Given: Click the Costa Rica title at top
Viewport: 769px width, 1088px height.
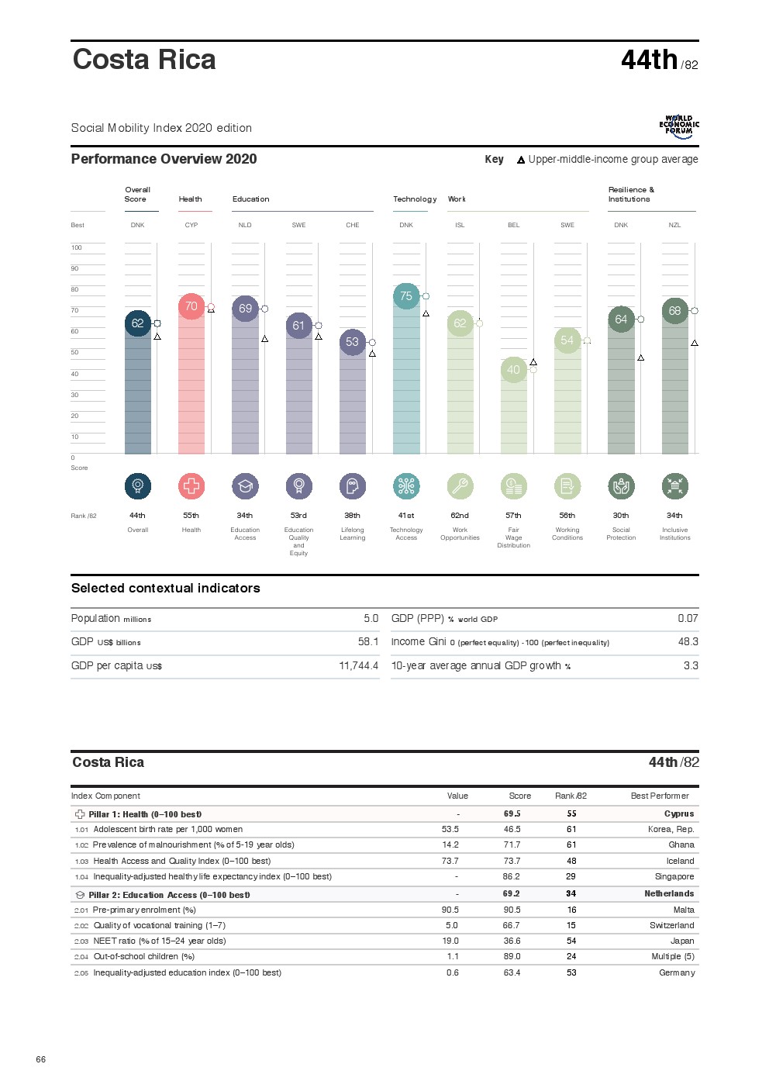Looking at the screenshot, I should click(x=144, y=60).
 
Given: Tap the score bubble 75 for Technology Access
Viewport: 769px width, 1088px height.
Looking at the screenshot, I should click(x=406, y=296).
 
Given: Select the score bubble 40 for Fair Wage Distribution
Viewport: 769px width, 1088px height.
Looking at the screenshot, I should click(x=513, y=370).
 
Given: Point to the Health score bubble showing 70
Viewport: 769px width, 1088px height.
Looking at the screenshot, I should click(x=191, y=306).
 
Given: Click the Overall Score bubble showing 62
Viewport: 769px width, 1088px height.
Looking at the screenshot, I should click(x=137, y=323).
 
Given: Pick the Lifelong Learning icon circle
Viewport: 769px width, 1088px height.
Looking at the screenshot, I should click(x=353, y=486).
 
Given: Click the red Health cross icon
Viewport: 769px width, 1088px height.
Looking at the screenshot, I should click(x=191, y=486).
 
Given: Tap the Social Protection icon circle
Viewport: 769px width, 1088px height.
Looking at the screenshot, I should click(x=621, y=486).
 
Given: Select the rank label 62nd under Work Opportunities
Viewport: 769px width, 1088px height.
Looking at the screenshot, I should click(x=460, y=516).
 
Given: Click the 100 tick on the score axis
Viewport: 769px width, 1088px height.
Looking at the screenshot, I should click(x=77, y=248).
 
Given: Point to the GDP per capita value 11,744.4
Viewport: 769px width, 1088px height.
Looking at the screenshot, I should click(x=358, y=666).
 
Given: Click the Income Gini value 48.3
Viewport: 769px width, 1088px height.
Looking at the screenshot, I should click(x=688, y=642).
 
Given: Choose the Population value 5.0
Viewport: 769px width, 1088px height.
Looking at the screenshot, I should click(x=371, y=619).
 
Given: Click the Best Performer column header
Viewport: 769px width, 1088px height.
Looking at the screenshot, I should click(x=659, y=796).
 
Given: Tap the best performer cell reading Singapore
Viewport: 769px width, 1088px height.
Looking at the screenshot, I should click(x=674, y=877).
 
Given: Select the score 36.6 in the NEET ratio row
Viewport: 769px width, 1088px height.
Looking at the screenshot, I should click(x=512, y=941).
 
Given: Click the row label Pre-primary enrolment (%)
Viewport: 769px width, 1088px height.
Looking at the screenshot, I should click(x=144, y=910).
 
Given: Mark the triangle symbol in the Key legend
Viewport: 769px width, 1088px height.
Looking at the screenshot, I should click(x=521, y=161).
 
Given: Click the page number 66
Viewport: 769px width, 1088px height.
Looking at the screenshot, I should click(x=41, y=1059).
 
